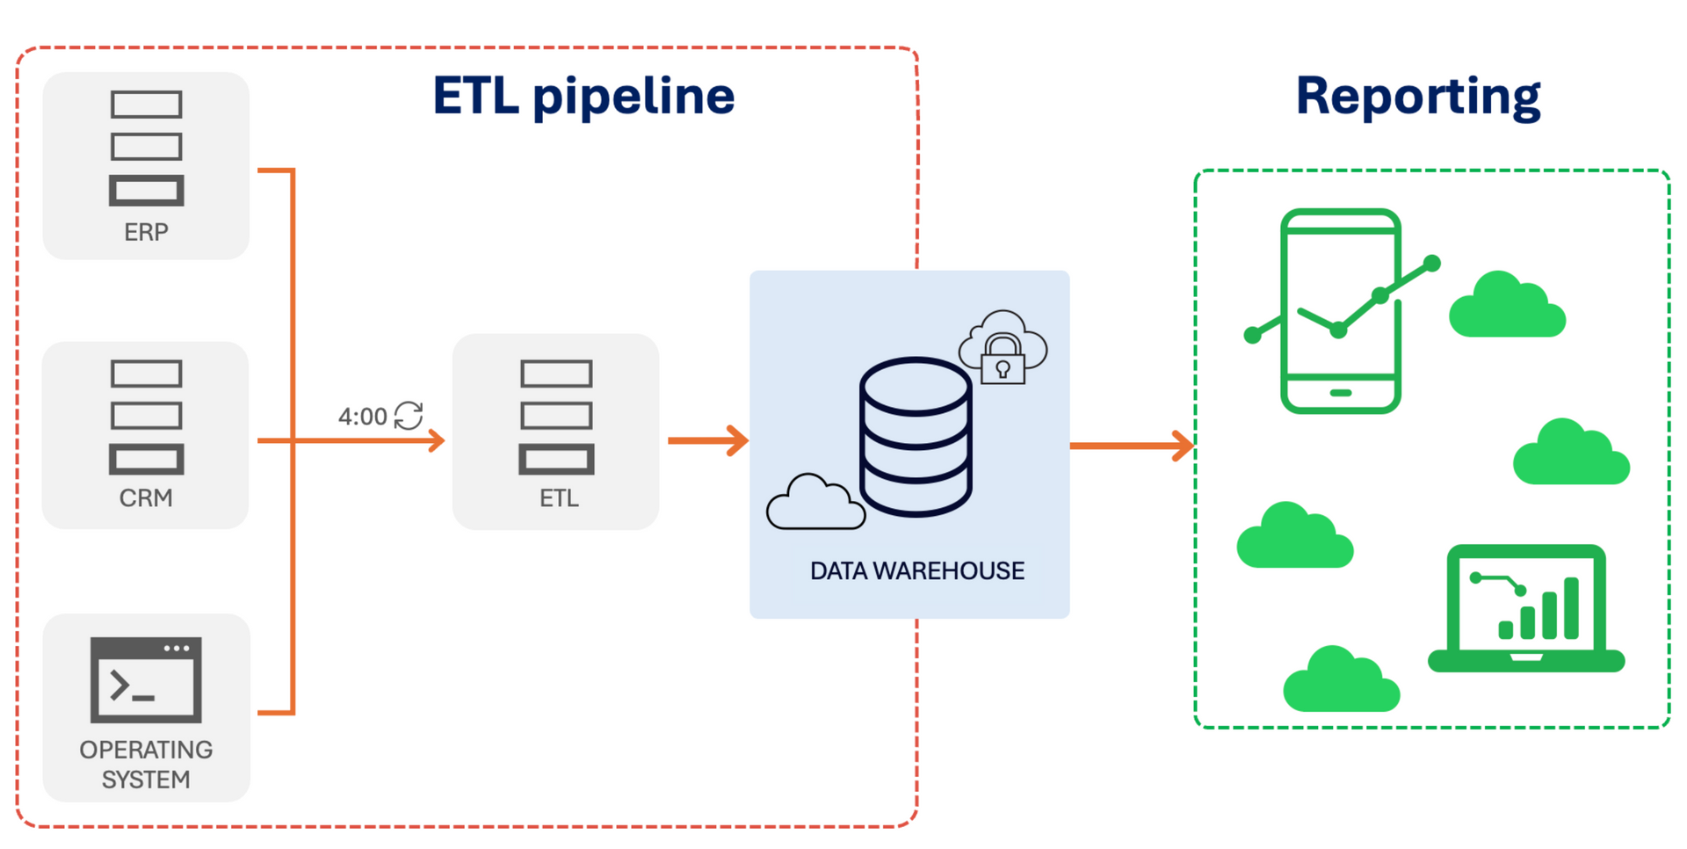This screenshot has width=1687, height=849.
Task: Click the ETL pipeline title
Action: click(583, 97)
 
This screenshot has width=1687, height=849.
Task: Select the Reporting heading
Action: click(1418, 97)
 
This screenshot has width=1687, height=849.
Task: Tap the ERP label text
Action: click(146, 232)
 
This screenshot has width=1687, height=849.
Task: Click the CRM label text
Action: click(146, 498)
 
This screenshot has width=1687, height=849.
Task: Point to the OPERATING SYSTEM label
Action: click(146, 765)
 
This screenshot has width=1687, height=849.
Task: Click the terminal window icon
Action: click(146, 680)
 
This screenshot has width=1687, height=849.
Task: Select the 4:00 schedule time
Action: click(362, 417)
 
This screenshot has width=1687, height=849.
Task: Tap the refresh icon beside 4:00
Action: click(409, 415)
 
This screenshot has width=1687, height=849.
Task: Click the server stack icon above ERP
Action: click(146, 148)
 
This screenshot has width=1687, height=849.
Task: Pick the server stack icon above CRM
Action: click(146, 417)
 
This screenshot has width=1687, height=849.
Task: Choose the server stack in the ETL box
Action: click(556, 417)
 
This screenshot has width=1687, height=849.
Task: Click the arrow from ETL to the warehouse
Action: click(707, 440)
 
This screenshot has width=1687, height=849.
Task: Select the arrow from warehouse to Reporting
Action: click(1132, 446)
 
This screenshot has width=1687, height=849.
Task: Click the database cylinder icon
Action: click(916, 437)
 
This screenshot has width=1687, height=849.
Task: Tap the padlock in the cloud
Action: click(1003, 359)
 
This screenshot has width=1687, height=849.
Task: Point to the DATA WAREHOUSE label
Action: click(917, 571)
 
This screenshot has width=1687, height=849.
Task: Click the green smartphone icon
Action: click(1341, 311)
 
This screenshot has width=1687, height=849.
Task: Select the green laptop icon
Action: click(1526, 608)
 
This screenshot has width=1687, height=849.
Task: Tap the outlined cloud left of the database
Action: click(815, 503)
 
